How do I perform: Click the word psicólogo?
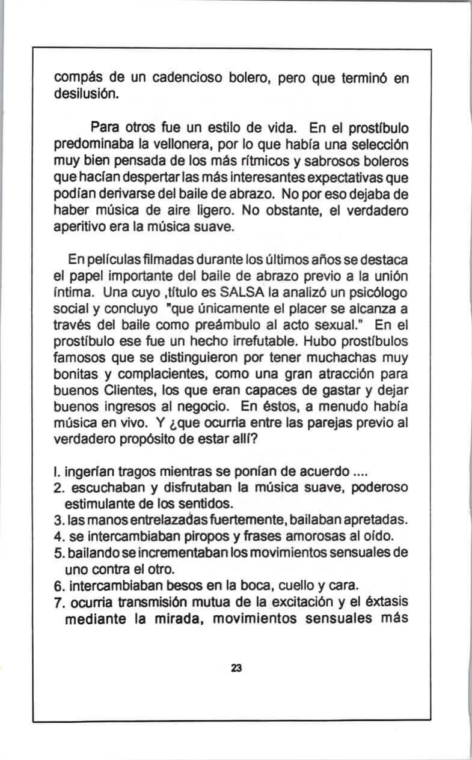pyautogui.click(x=376, y=294)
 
